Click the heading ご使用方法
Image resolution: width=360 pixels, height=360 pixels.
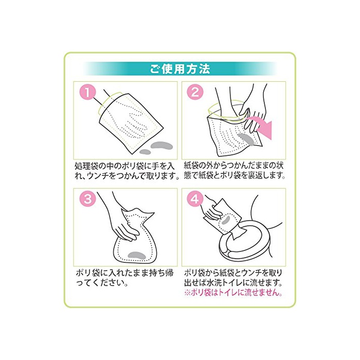click(x=180, y=69)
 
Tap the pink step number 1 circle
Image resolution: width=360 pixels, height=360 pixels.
click(x=88, y=93)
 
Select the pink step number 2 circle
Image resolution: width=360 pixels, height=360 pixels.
click(x=195, y=92)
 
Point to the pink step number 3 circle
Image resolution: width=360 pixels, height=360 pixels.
click(x=88, y=199)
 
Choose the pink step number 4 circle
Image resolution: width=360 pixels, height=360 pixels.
click(x=195, y=199)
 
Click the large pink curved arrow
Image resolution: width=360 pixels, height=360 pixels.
click(x=262, y=126)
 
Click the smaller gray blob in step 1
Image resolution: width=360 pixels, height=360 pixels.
click(x=145, y=152)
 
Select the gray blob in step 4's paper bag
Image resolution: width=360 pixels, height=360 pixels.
click(x=227, y=220)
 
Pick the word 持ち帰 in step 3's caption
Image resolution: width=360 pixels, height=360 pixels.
click(x=161, y=273)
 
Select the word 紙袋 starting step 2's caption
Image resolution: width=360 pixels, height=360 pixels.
click(x=193, y=166)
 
